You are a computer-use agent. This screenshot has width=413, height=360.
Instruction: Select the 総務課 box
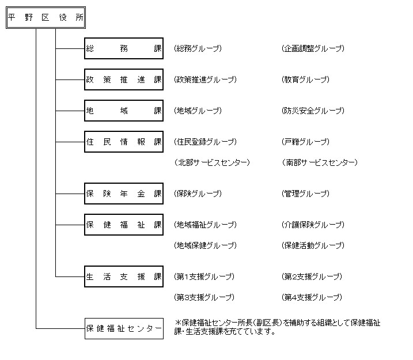[124, 49]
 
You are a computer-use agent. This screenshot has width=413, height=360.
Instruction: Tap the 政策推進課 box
[124, 79]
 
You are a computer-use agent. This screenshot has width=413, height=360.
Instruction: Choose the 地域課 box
[124, 111]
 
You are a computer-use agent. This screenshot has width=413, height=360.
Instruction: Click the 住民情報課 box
[124, 142]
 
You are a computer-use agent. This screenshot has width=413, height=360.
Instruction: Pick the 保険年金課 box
[124, 194]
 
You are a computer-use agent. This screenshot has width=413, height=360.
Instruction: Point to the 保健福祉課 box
[124, 225]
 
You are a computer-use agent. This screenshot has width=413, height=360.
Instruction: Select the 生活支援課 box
[124, 276]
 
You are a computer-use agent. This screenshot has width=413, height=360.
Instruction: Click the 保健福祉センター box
[124, 328]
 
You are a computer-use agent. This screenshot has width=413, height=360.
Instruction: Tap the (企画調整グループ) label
[313, 49]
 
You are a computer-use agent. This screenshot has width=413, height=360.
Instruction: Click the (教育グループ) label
[305, 79]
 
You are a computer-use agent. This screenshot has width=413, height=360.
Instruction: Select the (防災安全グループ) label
[313, 111]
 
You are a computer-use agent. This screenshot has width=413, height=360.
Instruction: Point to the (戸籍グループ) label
[305, 142]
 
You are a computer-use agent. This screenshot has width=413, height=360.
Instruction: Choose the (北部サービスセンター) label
[212, 162]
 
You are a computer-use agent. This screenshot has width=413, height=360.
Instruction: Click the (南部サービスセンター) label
[320, 162]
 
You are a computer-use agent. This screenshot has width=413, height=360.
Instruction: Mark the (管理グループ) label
[305, 194]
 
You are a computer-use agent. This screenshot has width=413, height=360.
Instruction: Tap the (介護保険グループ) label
[313, 225]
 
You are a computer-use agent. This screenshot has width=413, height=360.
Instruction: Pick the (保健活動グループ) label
[313, 245]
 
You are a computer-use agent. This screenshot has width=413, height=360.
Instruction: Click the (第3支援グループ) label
[204, 297]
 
